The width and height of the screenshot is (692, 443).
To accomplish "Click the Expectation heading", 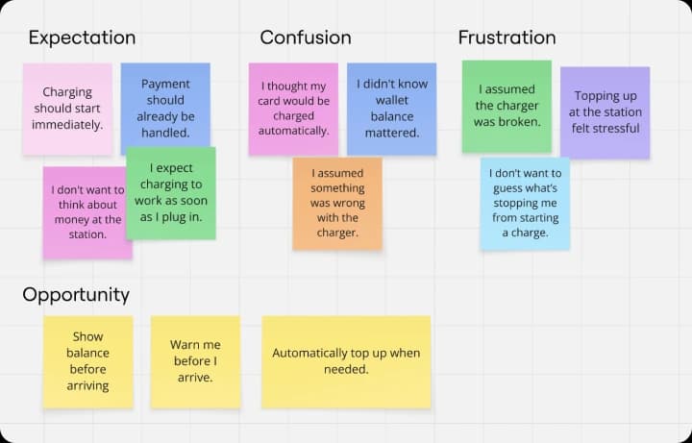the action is tap(82, 37).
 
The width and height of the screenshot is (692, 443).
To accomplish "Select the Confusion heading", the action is tap(306, 37).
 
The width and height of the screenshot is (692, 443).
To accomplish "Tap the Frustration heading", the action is tap(507, 37).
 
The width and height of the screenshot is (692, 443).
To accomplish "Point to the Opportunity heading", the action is tap(76, 295).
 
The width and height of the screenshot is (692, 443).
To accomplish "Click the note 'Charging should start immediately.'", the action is tap(67, 109).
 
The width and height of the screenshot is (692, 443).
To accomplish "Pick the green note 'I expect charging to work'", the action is tap(171, 193).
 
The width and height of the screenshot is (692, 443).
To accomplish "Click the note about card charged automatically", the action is tap(293, 109).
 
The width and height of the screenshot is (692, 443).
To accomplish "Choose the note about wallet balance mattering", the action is tap(392, 109).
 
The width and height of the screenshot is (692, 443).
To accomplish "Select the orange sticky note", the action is tap(337, 204).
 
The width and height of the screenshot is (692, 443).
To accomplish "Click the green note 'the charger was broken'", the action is tap(507, 107).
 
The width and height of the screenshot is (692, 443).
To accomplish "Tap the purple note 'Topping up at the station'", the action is tap(605, 112).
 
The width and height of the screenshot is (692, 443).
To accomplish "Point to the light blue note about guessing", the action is tap(525, 204).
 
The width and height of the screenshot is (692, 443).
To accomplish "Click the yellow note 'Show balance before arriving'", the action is tap(87, 362).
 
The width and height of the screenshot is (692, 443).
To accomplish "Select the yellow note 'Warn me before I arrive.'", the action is tap(195, 362).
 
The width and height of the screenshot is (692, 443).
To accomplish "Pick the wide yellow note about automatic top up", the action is tap(346, 362).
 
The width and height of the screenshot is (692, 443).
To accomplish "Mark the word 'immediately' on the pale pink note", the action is tap(67, 125).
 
